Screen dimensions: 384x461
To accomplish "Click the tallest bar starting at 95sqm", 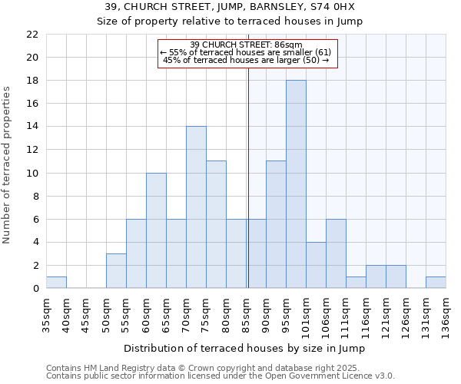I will tap(296, 184).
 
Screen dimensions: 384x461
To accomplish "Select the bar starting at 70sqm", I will tap(196, 207).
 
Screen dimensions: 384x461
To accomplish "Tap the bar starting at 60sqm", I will tap(156, 230).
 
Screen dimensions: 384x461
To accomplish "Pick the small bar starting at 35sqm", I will tap(56, 283).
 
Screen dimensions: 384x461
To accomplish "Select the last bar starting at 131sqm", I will tap(436, 283).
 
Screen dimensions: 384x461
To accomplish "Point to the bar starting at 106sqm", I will tap(336, 253).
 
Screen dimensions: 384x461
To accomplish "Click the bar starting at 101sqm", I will tap(316, 265).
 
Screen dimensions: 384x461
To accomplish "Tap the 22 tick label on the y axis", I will tap(32, 35).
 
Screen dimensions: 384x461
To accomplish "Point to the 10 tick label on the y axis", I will tap(32, 173).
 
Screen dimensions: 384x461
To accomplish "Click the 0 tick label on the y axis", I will tap(35, 289).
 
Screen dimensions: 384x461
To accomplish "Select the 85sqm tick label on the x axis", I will tap(247, 314).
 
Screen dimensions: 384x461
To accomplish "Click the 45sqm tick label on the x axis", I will tap(87, 314).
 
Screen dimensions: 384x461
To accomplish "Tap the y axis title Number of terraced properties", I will tap(8, 165).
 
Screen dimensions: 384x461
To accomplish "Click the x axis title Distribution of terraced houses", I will tap(244, 348).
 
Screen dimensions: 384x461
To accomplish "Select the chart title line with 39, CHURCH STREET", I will tap(230, 7).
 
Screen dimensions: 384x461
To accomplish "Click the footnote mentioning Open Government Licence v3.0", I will tap(221, 376).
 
